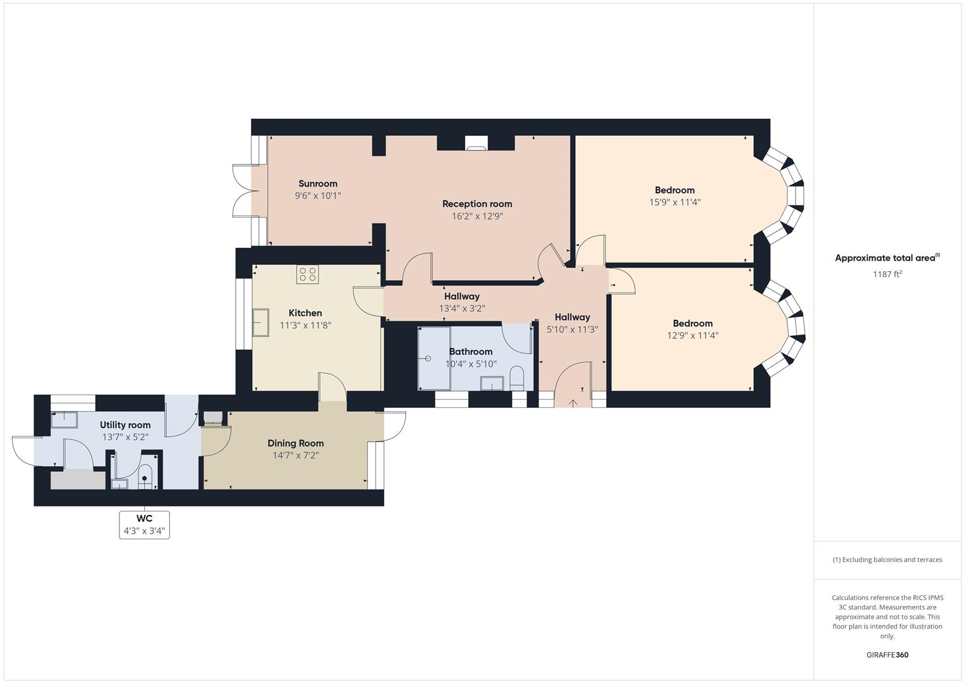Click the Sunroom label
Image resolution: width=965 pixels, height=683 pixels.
[318, 184]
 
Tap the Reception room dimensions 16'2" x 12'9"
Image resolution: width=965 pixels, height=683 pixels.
[477, 216]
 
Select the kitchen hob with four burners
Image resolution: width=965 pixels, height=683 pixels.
[308, 274]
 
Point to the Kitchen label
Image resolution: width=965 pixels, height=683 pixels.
[305, 313]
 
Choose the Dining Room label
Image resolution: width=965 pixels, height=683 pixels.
[295, 443]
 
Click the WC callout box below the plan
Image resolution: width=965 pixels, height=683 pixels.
[144, 524]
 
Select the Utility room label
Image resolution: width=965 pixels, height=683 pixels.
[125, 425]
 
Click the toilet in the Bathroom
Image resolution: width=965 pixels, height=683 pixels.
[516, 377]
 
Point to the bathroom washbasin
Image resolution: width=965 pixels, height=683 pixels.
[492, 383]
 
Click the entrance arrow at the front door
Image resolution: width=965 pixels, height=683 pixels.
[573, 403]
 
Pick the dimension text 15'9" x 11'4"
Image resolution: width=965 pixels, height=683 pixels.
[675, 202]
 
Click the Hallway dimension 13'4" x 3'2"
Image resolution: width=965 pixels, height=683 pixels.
[462, 309]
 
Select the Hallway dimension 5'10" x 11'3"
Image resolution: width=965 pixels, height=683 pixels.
[572, 329]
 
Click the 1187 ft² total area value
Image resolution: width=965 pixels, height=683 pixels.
[887, 274]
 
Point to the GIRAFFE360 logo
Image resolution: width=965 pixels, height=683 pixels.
[887, 655]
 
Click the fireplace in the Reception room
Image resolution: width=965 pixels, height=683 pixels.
[476, 144]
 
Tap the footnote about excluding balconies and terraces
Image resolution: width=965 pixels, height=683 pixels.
[887, 560]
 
